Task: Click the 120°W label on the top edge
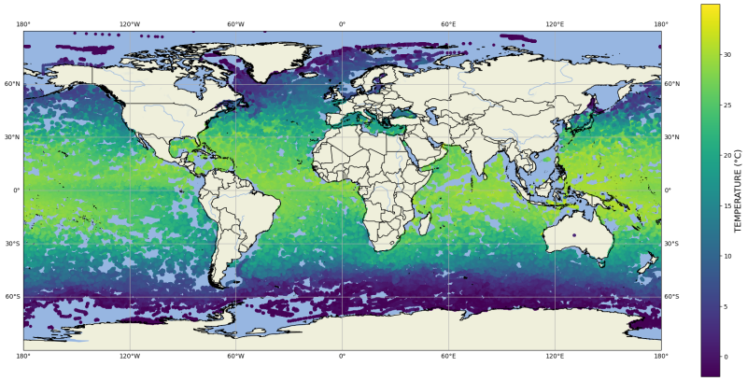[130, 24]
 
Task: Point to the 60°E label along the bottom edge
[448, 356]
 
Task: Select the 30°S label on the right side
[670, 244]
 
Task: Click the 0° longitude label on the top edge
[342, 24]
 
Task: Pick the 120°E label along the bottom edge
[555, 356]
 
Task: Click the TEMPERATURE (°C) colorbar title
[738, 190]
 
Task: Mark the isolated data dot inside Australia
[574, 234]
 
